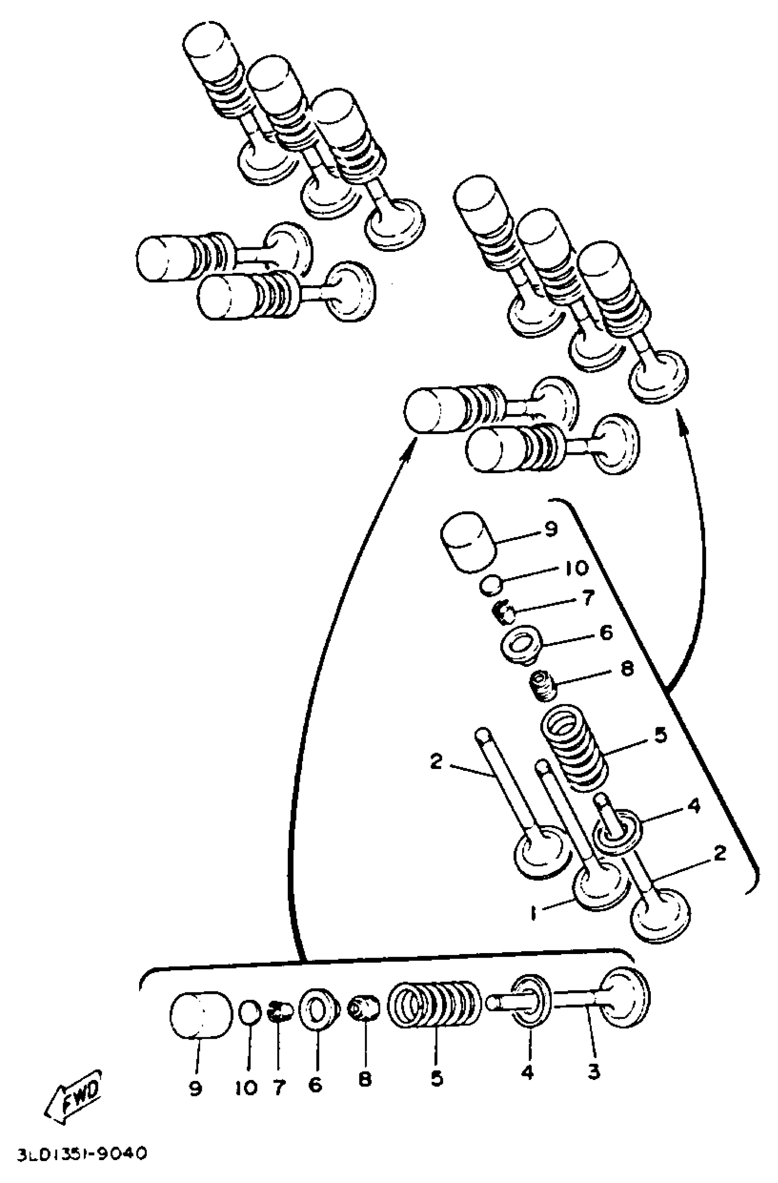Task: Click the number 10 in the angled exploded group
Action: pyautogui.click(x=576, y=567)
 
